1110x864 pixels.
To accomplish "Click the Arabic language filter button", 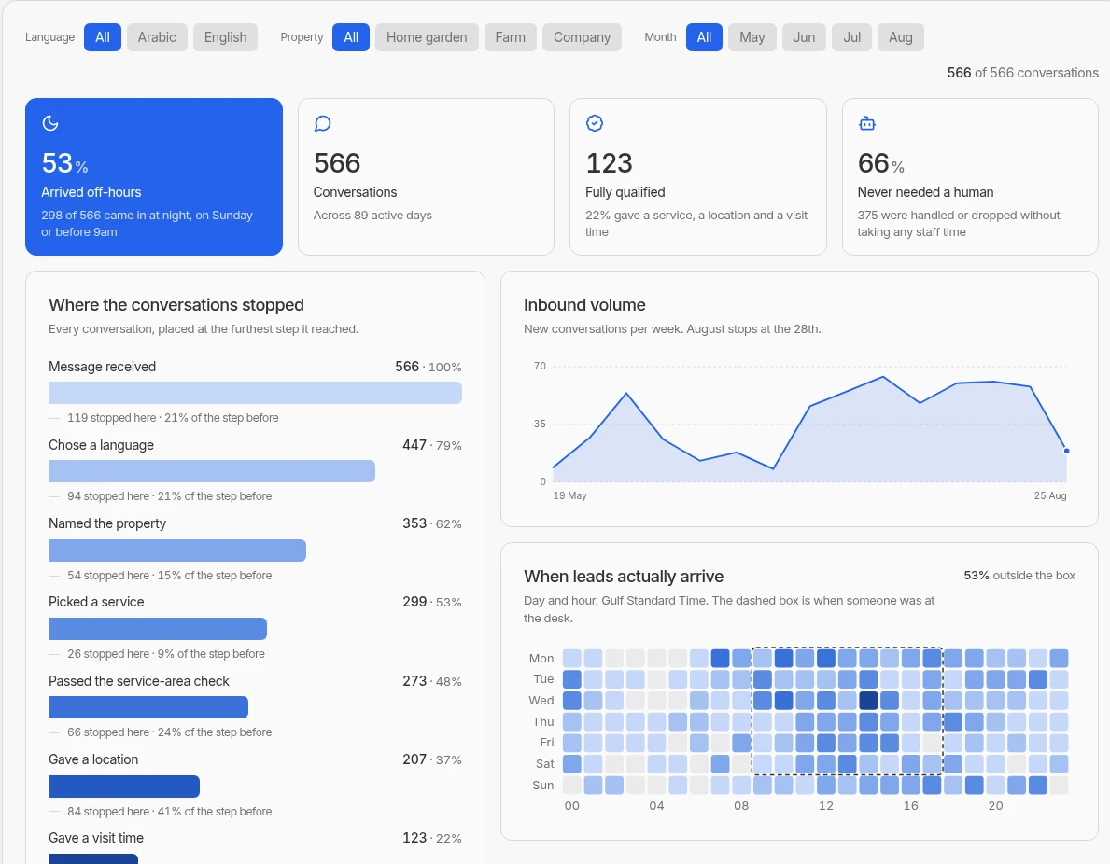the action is [157, 37].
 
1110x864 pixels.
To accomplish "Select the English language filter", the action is [225, 37].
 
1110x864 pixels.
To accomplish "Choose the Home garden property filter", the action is [427, 37].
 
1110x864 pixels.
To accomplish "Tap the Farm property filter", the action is [511, 37].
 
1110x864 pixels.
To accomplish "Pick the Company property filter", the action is [582, 37].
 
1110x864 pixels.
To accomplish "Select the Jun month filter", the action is [804, 37].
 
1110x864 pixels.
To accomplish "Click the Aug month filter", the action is [901, 37].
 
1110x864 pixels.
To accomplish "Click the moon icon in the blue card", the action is [50, 123].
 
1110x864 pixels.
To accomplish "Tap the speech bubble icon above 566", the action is [322, 124].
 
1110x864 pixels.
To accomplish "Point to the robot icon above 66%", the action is [867, 124].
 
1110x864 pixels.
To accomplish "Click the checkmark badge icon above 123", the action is [595, 123].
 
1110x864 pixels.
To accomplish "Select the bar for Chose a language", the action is [212, 471].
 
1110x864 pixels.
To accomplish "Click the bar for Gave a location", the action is [124, 787].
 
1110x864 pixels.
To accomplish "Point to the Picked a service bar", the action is [158, 629].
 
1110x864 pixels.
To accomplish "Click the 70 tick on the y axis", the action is [541, 366].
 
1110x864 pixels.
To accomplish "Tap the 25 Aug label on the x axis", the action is [1050, 495].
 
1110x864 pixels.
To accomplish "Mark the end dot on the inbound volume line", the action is [1066, 451].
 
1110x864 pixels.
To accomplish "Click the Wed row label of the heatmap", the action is [541, 701].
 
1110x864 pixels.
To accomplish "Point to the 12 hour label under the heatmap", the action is [826, 806].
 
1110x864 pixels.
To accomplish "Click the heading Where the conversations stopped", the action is [176, 305].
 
